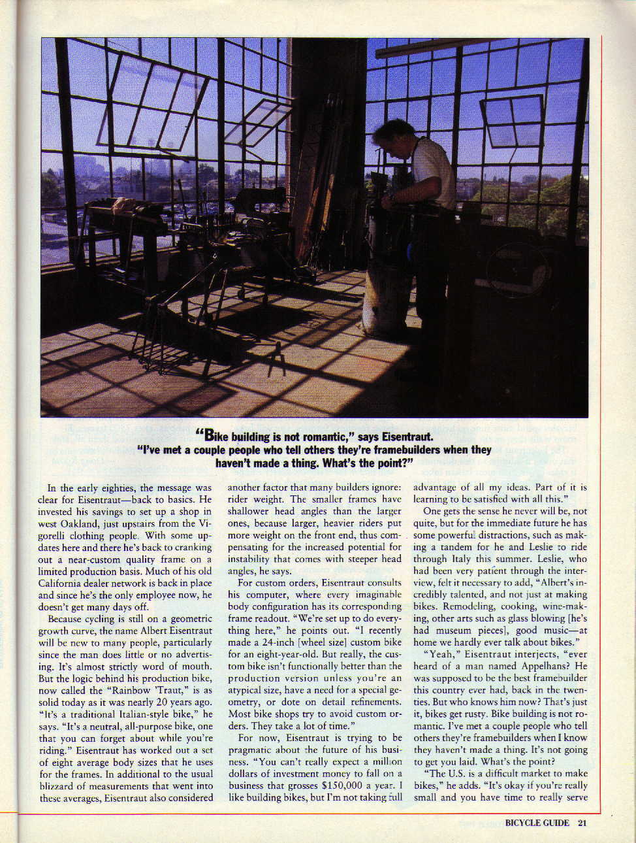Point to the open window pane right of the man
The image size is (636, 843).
511,121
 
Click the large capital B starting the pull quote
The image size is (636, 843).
209,436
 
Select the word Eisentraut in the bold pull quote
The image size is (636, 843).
404,437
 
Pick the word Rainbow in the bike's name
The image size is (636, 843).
138,690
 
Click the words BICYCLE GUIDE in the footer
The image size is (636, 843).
537,823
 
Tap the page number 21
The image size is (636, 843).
582,823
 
